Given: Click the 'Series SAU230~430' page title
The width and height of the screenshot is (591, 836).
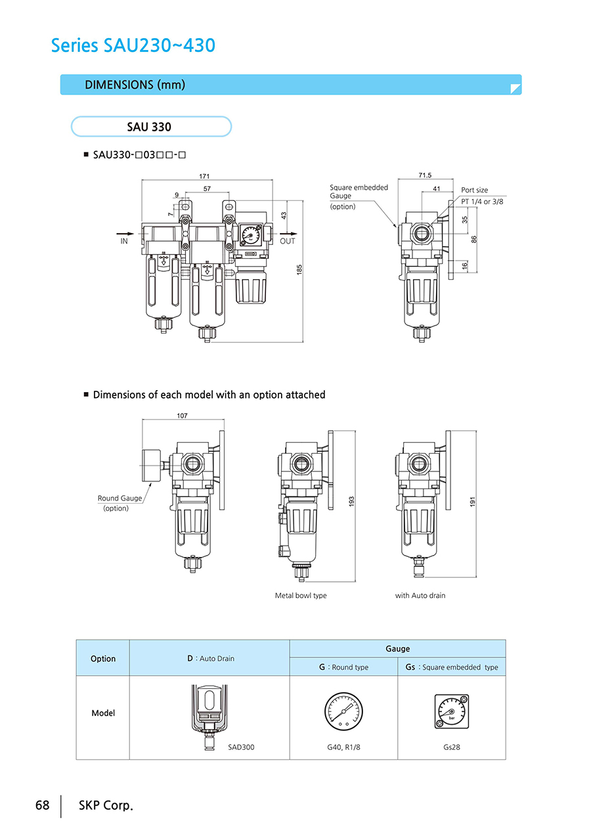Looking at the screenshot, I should pyautogui.click(x=133, y=45).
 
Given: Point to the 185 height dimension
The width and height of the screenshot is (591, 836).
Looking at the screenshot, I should pyautogui.click(x=299, y=269).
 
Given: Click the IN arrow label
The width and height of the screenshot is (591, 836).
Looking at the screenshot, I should pyautogui.click(x=124, y=242).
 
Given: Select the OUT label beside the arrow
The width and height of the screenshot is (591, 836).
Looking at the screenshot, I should pyautogui.click(x=288, y=242).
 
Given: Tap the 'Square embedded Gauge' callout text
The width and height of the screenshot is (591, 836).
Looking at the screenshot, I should pyautogui.click(x=359, y=192).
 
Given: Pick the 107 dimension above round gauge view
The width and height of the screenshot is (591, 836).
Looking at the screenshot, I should pyautogui.click(x=182, y=416).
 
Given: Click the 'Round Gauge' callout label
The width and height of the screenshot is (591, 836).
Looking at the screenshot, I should pyautogui.click(x=120, y=498).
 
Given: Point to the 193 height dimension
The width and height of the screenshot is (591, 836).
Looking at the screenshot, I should pyautogui.click(x=351, y=502).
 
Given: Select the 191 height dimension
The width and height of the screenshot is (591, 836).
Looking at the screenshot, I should pyautogui.click(x=472, y=502).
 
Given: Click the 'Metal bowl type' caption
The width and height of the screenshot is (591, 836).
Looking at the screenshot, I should pyautogui.click(x=300, y=596).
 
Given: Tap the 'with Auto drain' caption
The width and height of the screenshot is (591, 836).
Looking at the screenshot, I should pyautogui.click(x=420, y=596).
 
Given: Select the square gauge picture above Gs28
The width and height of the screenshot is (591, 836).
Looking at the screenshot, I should pyautogui.click(x=451, y=712).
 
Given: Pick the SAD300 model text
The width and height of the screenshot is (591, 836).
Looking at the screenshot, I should pyautogui.click(x=241, y=747).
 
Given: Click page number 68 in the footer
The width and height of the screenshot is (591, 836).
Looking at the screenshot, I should pyautogui.click(x=43, y=805).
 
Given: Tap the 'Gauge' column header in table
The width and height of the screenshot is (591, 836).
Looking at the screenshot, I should pyautogui.click(x=397, y=649).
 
